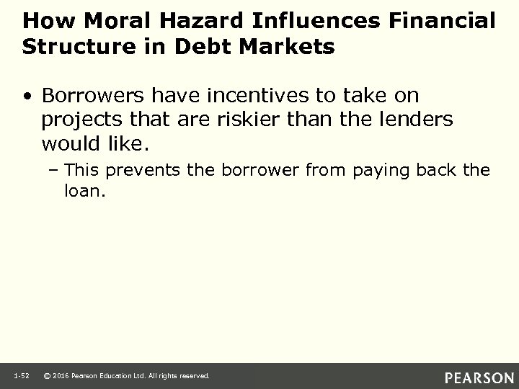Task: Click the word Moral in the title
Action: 103,21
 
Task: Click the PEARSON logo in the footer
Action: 478,377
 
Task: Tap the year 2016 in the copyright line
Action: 63,376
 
